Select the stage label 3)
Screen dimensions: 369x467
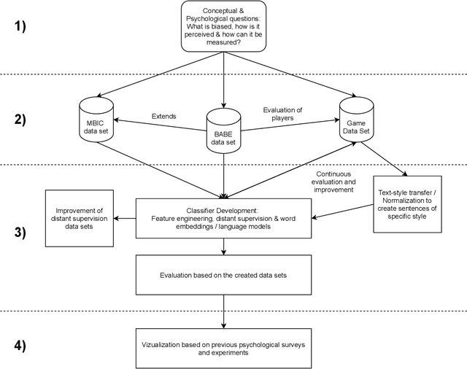(x=18, y=234)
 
